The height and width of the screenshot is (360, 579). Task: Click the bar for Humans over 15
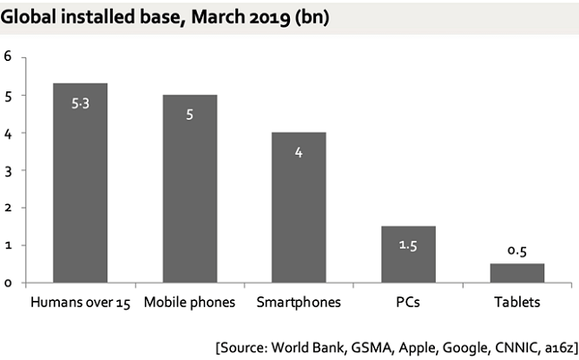[81, 183]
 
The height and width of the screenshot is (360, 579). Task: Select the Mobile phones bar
[190, 189]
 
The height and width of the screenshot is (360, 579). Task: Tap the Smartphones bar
[299, 208]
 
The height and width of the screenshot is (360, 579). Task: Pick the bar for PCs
[408, 254]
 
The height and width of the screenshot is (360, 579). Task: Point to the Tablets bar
[517, 273]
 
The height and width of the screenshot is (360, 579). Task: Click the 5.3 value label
[81, 104]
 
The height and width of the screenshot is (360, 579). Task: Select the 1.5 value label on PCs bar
[408, 245]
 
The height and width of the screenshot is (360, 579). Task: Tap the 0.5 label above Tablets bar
[517, 251]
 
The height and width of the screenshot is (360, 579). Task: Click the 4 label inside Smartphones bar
[299, 152]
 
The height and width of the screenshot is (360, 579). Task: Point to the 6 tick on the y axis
[7, 56]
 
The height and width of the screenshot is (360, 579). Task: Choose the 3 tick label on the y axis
[8, 171]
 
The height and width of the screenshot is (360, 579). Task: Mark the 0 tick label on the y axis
[8, 283]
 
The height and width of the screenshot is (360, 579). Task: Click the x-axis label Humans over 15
[81, 303]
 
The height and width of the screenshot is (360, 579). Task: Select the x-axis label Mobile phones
[190, 303]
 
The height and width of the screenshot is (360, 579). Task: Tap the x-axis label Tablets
[517, 303]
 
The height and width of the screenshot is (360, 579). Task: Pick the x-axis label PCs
[408, 303]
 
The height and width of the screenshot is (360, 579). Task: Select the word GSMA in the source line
[371, 347]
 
